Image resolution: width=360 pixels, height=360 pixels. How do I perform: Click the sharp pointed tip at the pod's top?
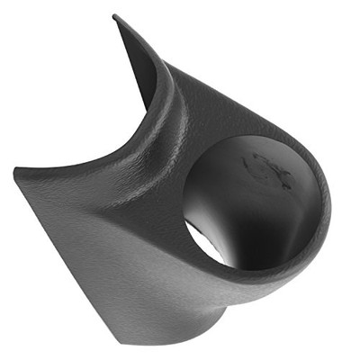click(114, 16)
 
